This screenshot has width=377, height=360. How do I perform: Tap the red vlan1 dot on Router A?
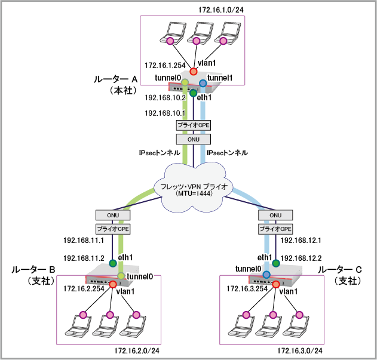coord(194,71)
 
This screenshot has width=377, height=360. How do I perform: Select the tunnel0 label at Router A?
coord(167,78)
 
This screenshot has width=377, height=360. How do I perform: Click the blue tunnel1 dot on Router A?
coord(203,82)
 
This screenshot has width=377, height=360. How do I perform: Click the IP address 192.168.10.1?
coord(165,112)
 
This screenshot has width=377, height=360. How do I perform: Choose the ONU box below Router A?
coord(193,139)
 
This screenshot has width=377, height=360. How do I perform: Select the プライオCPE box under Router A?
coord(193,125)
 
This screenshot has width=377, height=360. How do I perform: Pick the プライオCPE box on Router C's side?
coord(275,229)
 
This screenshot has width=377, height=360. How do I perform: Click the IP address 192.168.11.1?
coord(84,241)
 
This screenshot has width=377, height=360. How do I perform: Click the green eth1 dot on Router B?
coord(112,263)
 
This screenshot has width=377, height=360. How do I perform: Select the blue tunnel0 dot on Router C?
coord(266,275)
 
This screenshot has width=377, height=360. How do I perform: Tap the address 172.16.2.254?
coord(84,288)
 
